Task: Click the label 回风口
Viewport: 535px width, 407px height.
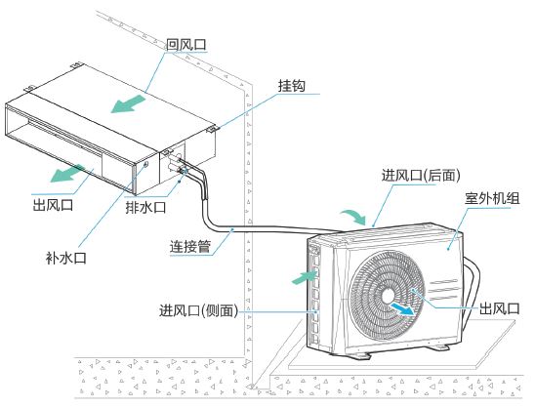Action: click(186, 44)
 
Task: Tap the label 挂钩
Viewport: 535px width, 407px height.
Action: click(291, 86)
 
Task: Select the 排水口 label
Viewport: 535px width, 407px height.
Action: click(145, 207)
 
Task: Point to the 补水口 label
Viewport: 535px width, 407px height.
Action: click(65, 258)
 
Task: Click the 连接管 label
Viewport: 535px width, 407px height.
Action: click(190, 246)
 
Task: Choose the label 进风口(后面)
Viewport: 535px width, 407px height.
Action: click(421, 176)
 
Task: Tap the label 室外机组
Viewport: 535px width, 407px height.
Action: click(492, 198)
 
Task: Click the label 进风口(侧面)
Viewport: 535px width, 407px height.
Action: click(198, 310)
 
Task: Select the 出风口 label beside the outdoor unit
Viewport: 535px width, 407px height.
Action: click(499, 308)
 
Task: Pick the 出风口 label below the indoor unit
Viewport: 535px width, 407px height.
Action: click(53, 205)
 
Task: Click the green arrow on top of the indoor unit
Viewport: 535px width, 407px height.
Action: click(128, 104)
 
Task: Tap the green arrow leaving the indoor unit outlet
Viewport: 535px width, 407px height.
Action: click(66, 174)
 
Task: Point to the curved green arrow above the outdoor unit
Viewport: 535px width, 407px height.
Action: click(353, 217)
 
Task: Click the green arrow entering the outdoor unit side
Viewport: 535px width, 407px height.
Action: click(305, 277)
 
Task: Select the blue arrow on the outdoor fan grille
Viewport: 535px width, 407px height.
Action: click(402, 308)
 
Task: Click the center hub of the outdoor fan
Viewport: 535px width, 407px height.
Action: click(388, 296)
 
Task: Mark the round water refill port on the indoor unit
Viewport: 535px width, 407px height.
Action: click(145, 165)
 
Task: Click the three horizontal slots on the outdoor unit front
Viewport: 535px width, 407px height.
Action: click(442, 289)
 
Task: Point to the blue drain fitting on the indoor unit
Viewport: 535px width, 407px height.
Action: click(185, 171)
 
